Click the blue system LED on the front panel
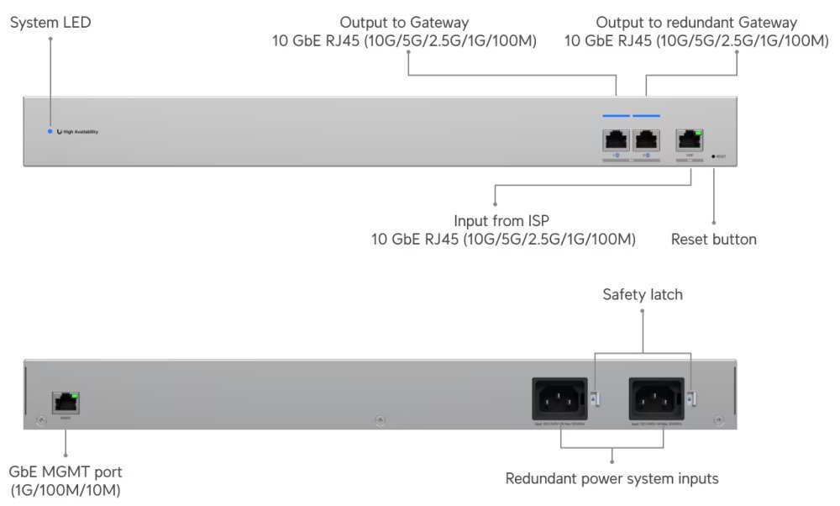tap(50, 132)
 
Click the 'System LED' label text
tap(50, 23)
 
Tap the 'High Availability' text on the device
tap(81, 132)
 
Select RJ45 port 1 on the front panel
tap(616, 140)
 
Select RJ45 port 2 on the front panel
tap(646, 140)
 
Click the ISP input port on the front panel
tap(690, 140)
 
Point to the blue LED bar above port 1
tap(616, 115)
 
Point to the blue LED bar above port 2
tap(646, 115)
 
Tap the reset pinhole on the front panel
tap(713, 156)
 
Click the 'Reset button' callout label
tap(713, 240)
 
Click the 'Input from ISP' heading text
tap(502, 220)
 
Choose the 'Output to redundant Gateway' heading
tap(696, 22)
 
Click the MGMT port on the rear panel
tap(66, 402)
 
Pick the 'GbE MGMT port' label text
tap(66, 472)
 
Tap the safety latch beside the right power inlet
tap(690, 398)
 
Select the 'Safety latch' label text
tap(643, 294)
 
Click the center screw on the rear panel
tap(379, 419)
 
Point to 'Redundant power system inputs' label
tap(612, 479)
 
